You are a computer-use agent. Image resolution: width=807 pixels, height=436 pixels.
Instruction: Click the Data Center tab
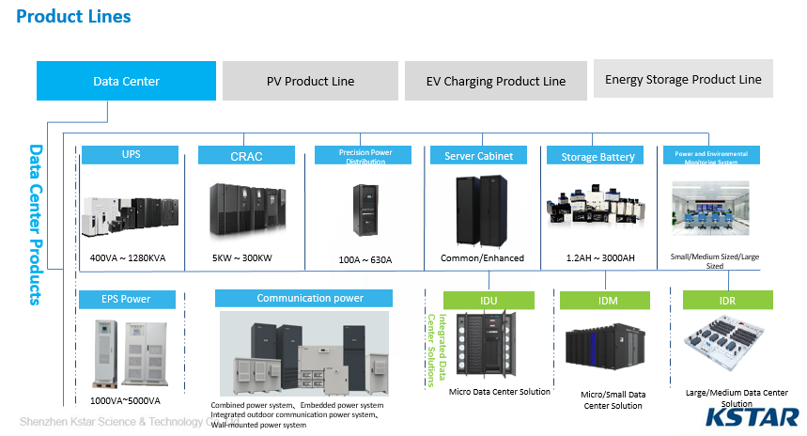tap(126, 81)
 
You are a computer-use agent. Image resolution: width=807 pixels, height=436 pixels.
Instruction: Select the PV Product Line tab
tap(310, 81)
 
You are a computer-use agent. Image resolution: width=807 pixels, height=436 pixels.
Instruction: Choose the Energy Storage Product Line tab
tap(683, 79)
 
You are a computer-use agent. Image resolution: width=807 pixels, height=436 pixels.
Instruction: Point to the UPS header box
tap(131, 155)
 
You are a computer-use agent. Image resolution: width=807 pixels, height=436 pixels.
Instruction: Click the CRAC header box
tap(246, 156)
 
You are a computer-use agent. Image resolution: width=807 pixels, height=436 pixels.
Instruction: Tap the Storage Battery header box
tap(597, 157)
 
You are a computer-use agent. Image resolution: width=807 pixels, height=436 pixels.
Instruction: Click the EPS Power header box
tap(126, 300)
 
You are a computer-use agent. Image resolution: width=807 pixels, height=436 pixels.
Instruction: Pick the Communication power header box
tap(310, 298)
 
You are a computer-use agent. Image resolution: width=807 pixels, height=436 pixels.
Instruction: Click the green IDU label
tap(489, 301)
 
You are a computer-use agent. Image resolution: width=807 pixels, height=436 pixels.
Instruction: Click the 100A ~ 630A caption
tap(365, 259)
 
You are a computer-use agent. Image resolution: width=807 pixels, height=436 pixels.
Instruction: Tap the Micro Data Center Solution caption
tap(499, 391)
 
